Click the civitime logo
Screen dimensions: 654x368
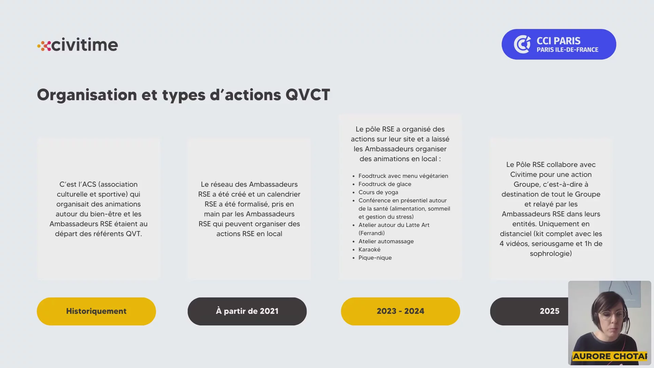coord(78,45)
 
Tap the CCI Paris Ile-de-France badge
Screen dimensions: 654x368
coord(559,44)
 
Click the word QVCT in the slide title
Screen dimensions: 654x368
coord(308,95)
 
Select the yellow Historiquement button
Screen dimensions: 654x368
coord(96,311)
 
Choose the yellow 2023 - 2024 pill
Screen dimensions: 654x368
coord(400,311)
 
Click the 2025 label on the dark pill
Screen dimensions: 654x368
coord(549,311)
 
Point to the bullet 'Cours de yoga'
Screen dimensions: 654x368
coord(378,192)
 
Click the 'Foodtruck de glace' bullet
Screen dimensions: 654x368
coord(385,184)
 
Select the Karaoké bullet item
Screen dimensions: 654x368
coord(369,249)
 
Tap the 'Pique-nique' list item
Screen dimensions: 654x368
coord(375,258)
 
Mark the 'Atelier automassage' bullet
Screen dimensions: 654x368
coord(386,241)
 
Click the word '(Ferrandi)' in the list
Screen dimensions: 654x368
coord(371,233)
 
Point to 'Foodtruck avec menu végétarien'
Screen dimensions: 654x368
coord(403,176)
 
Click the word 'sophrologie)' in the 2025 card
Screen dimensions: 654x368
coord(551,254)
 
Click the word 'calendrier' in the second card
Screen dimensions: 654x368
coord(284,194)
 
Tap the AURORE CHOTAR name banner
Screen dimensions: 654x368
coord(610,356)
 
